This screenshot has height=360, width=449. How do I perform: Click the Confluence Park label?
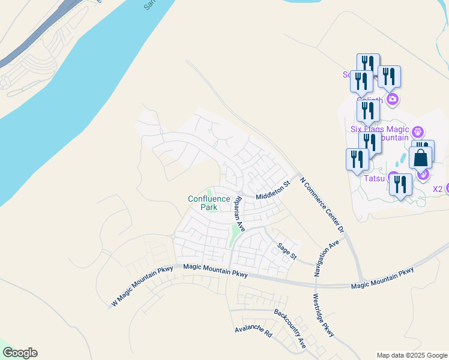pyautogui.click(x=209, y=203)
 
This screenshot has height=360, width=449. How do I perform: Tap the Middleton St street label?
pyautogui.click(x=273, y=191)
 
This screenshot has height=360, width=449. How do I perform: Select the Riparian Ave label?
pyautogui.click(x=240, y=214)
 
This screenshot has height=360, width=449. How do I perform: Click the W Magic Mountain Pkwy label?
pyautogui.click(x=142, y=287)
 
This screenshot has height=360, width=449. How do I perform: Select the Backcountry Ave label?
pyautogui.click(x=290, y=329)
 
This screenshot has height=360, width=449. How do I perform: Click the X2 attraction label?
pyautogui.click(x=438, y=188)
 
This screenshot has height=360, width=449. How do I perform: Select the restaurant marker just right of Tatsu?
pyautogui.click(x=400, y=185)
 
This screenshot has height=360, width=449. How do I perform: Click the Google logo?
pyautogui.click(x=20, y=353)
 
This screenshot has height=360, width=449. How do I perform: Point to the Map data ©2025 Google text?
pyautogui.click(x=412, y=355)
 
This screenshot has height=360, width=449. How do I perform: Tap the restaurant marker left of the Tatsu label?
pyautogui.click(x=357, y=160)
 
